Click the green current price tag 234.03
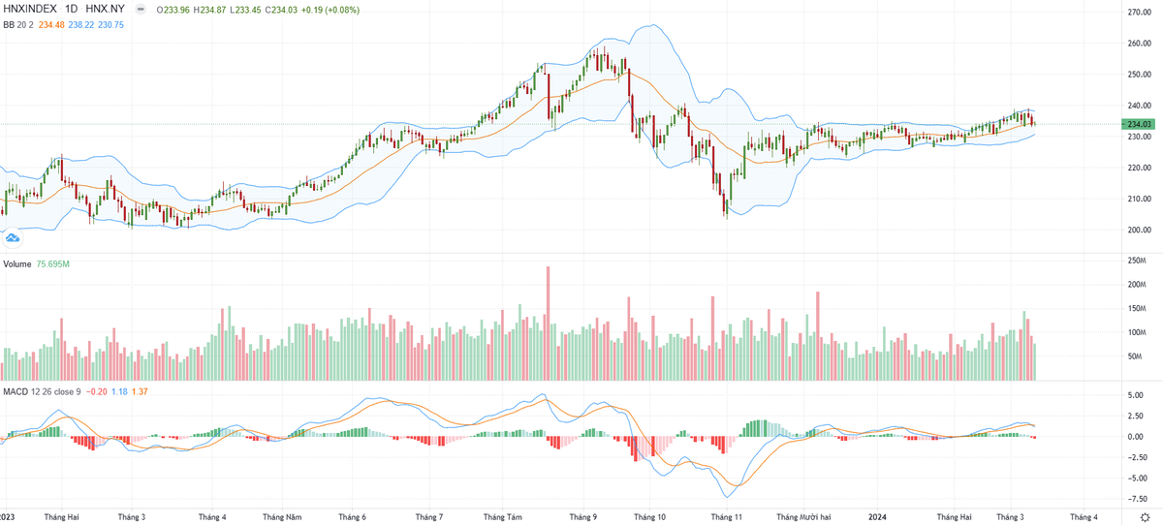tap(1137, 124)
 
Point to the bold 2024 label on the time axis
tap(878, 517)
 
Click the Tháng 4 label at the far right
tap(1084, 517)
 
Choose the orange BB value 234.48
tap(46, 25)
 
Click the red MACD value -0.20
tap(97, 390)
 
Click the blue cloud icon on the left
tap(14, 236)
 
